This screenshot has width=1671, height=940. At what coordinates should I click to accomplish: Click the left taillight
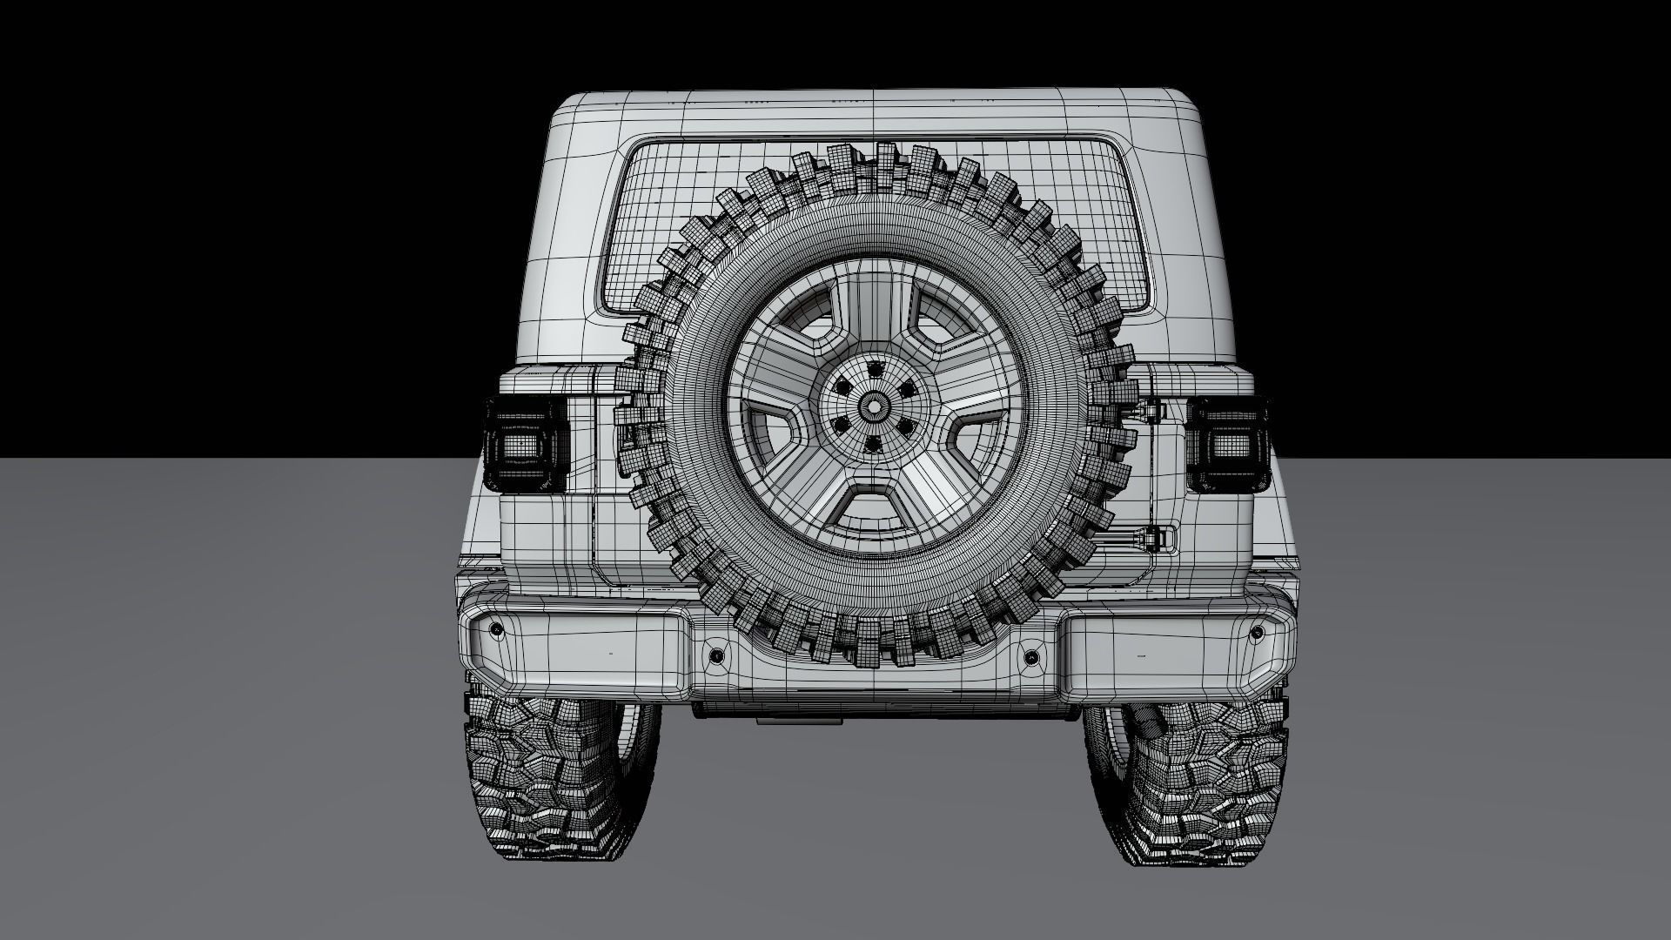526,445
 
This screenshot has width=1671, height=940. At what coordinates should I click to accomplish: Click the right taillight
1226,445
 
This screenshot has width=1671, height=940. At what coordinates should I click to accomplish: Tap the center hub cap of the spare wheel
873,406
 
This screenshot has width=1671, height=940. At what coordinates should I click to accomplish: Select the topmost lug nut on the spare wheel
873,369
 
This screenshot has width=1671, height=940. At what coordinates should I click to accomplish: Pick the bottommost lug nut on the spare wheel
872,444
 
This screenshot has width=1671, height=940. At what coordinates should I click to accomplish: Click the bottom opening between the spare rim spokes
874,503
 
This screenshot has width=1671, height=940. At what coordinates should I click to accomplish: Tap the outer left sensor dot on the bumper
496,628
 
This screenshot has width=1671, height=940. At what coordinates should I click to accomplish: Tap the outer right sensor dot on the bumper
1255,629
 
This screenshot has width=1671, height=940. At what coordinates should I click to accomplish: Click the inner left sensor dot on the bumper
715,655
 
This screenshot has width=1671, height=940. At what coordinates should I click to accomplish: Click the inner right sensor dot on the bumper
1032,655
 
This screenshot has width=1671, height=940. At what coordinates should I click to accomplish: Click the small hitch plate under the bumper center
799,720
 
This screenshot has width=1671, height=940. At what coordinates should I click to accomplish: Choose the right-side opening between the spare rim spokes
973,435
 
